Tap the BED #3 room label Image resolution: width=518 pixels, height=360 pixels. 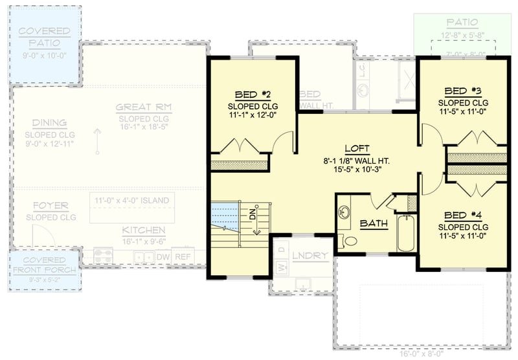[462, 91]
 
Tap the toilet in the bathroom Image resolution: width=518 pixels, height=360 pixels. [350, 241]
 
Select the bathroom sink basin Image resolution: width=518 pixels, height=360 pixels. [344, 212]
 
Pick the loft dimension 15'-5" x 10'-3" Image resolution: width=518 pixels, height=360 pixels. [357, 171]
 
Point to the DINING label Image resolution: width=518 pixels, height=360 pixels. [50, 123]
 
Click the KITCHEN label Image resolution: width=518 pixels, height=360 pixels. [143, 231]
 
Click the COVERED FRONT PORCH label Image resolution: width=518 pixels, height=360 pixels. [44, 265]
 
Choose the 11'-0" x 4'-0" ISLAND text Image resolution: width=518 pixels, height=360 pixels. [131, 200]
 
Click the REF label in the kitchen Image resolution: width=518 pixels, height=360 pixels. [183, 256]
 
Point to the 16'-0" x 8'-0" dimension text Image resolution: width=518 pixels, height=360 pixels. [422, 354]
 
